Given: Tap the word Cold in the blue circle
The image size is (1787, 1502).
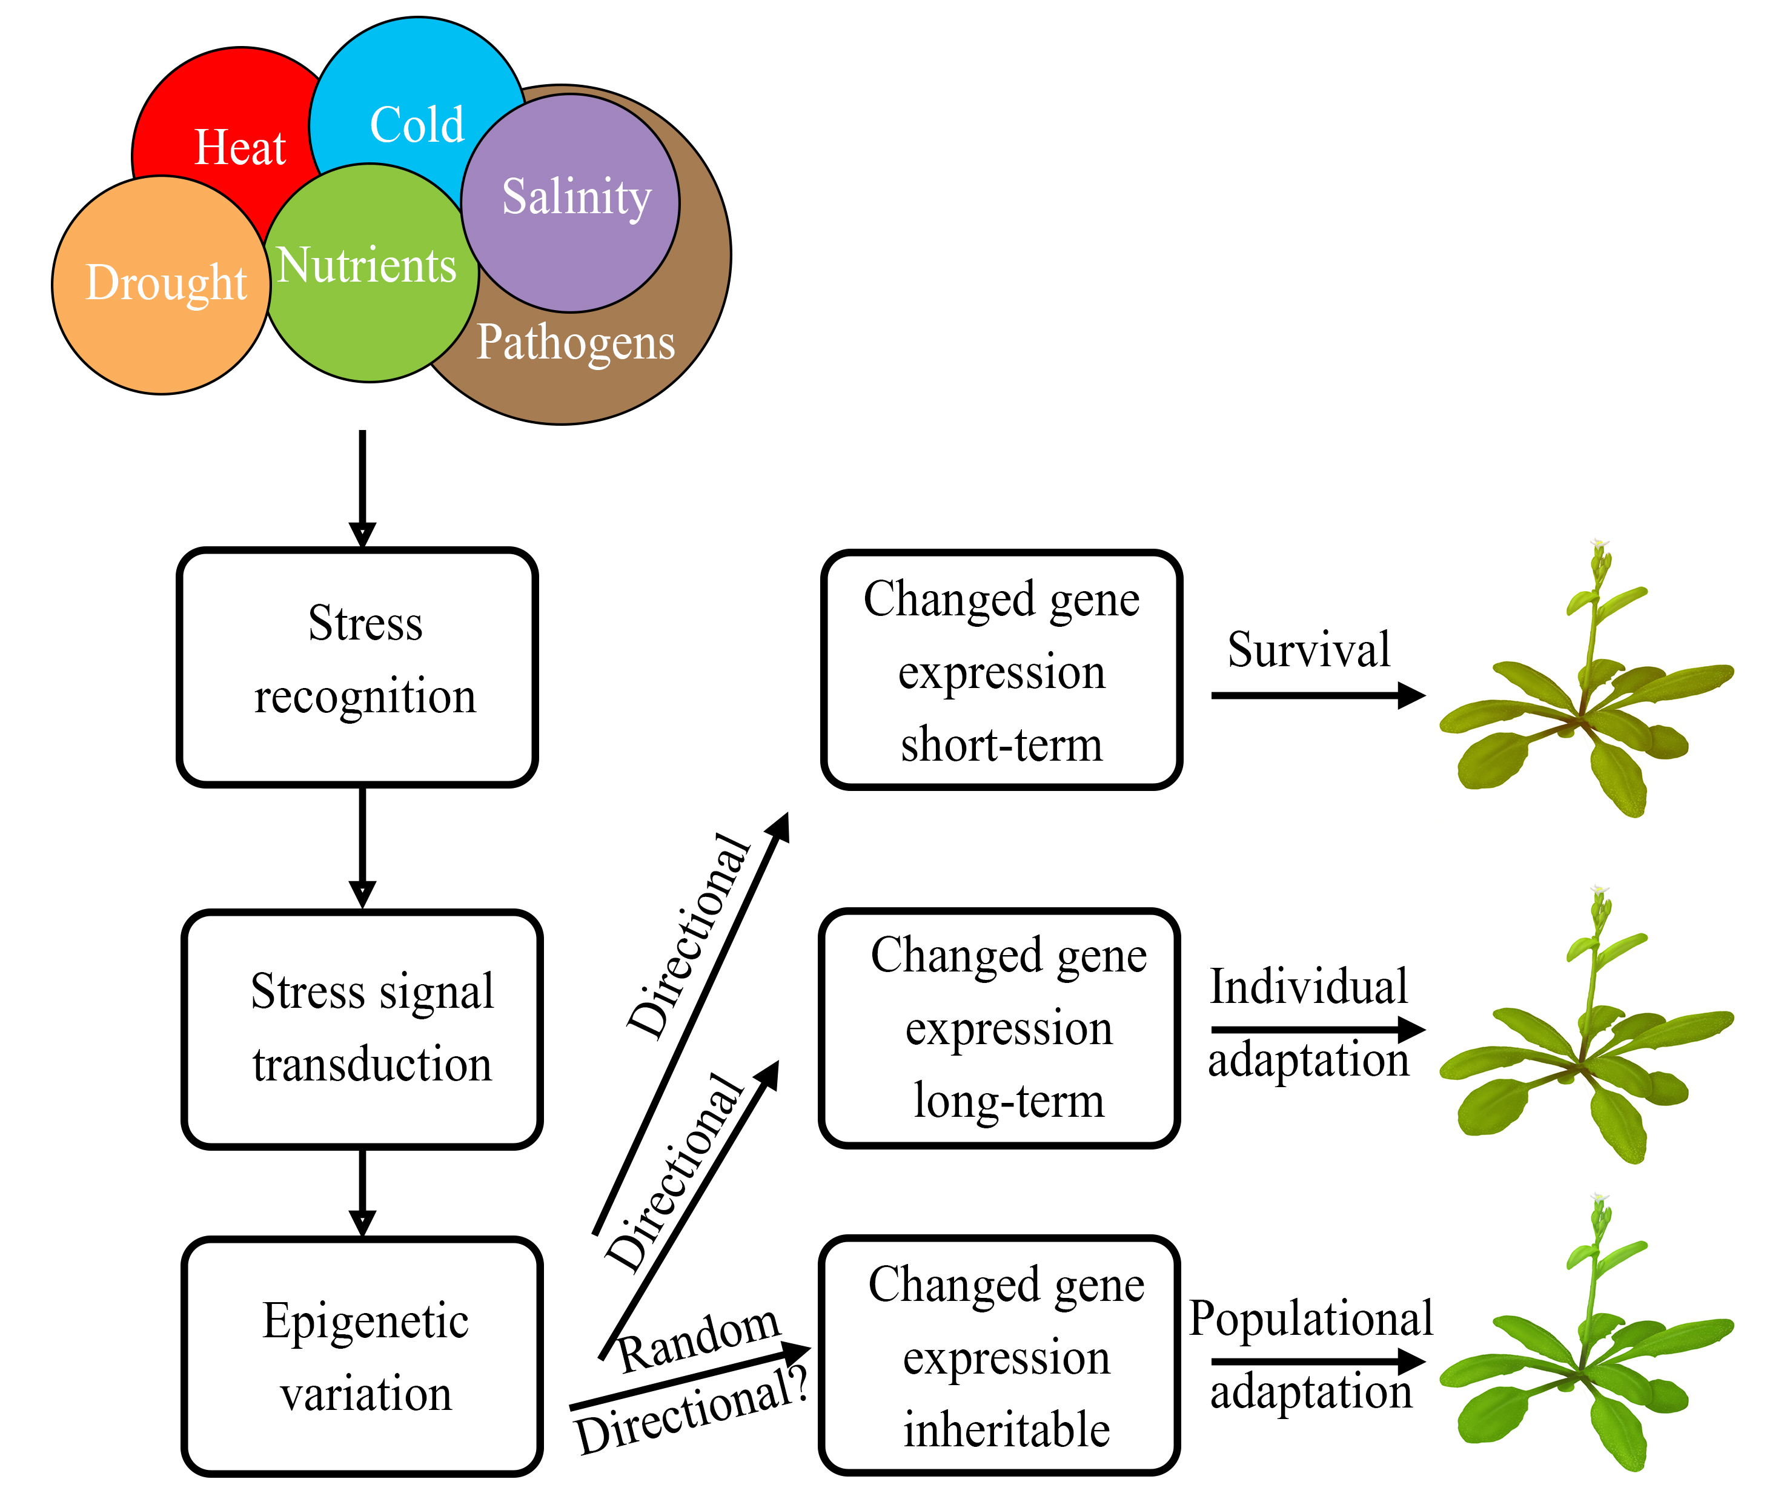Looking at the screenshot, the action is [x=417, y=125].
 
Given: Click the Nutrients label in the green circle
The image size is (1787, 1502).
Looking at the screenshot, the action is [x=367, y=265].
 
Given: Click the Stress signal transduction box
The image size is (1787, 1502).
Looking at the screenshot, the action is [x=362, y=1028].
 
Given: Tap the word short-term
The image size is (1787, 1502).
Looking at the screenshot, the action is [x=1002, y=744].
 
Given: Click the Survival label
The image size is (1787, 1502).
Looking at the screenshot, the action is [x=1308, y=650].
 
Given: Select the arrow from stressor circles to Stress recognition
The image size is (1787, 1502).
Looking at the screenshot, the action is [x=362, y=489].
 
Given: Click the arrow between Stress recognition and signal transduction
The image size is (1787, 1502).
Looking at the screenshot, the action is [x=362, y=848].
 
